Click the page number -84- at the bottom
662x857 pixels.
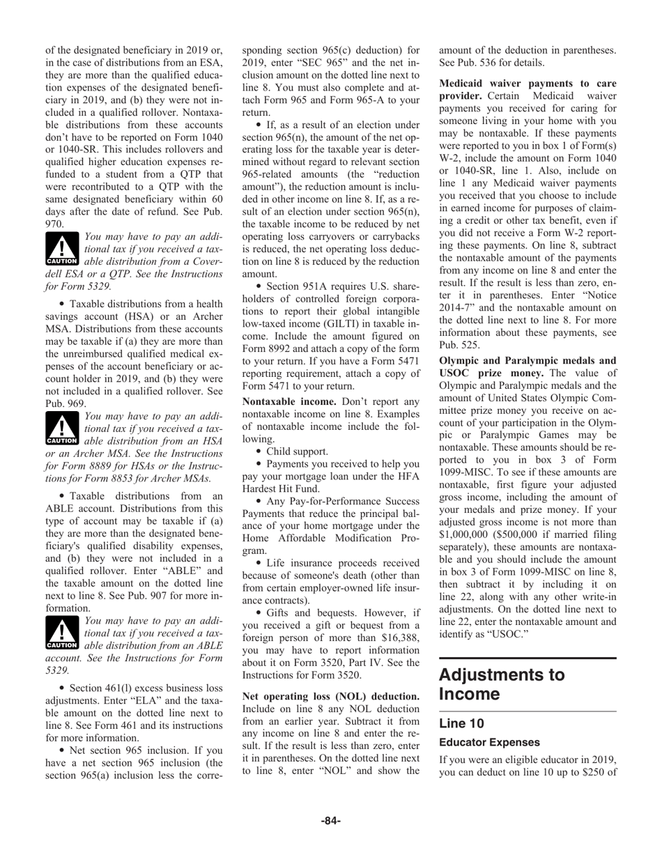(330, 821)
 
